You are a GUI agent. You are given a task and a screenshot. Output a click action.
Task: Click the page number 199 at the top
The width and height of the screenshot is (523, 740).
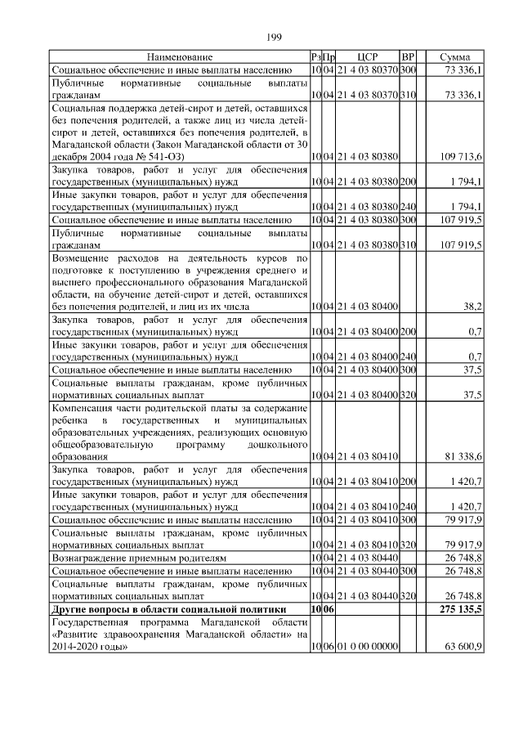pyautogui.click(x=274, y=37)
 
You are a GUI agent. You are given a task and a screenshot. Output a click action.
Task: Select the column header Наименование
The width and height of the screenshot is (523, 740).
pyautogui.click(x=180, y=57)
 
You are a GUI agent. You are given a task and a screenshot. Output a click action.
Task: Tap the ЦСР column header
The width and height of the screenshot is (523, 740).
pyautogui.click(x=365, y=57)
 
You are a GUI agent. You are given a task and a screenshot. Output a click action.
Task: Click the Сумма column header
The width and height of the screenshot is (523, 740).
pyautogui.click(x=454, y=57)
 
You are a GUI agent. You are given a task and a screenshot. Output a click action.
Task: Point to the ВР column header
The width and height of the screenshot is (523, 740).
pyautogui.click(x=409, y=57)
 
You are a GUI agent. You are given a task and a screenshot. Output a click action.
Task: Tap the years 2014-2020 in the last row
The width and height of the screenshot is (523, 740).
pyautogui.click(x=82, y=646)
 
